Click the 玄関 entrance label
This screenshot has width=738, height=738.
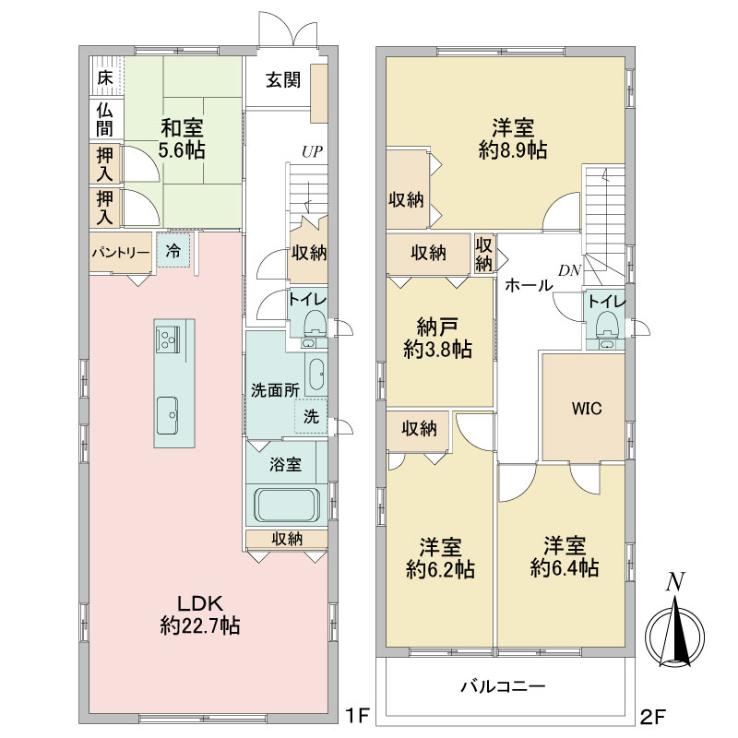click(x=283, y=80)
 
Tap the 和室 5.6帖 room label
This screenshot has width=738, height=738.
click(x=182, y=139)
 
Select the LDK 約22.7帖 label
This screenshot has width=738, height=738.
click(x=199, y=614)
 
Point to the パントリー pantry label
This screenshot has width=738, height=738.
click(x=121, y=253)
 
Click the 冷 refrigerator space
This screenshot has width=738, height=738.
click(x=173, y=250)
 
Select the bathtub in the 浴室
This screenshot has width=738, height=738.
click(x=287, y=505)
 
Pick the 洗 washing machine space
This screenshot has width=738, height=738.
click(x=311, y=416)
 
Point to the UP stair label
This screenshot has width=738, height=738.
click(x=312, y=151)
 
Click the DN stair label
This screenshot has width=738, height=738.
click(x=569, y=270)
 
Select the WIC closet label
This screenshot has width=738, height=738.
click(x=587, y=408)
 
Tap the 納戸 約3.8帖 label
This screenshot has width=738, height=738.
click(x=437, y=338)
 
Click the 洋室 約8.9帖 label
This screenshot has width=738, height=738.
click(x=513, y=139)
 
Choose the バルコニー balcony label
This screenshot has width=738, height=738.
click(x=503, y=686)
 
